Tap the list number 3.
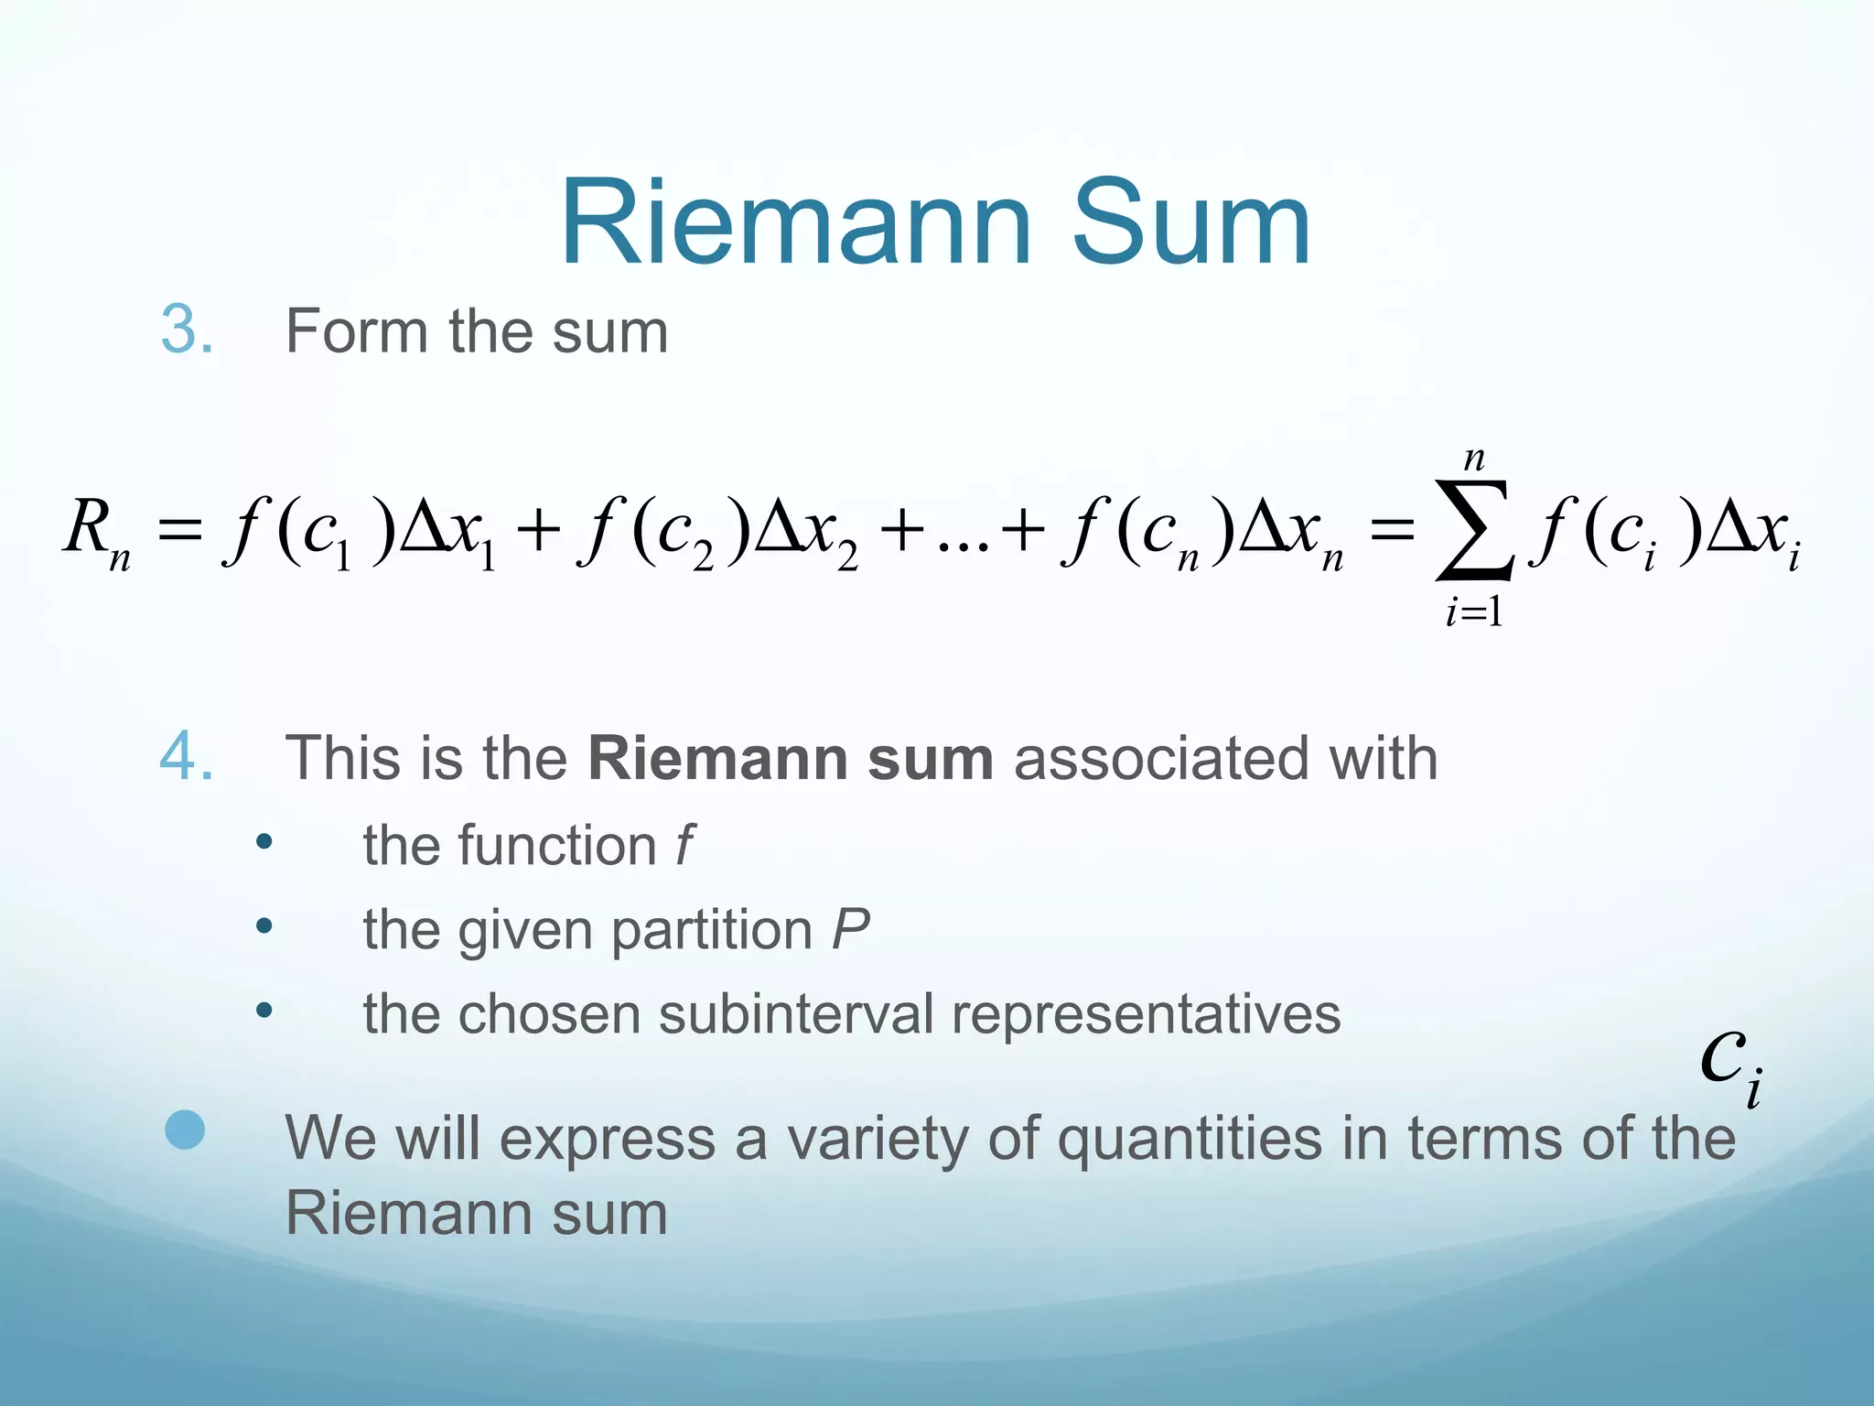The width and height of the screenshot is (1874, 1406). pos(187,330)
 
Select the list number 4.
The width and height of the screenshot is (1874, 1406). pos(187,758)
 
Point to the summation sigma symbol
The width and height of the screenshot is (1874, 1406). pos(1473,531)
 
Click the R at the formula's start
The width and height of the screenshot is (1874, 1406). pos(87,527)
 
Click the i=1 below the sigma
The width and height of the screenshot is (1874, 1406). pos(1473,611)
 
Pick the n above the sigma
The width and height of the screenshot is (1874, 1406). pos(1473,458)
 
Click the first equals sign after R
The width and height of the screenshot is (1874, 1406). pos(179,531)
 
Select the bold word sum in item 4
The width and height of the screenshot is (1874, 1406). pos(930,758)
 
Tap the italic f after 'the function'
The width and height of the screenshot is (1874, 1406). pos(684,844)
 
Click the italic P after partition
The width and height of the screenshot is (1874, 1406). pos(851,929)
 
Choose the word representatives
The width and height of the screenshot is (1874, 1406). pos(1146,1014)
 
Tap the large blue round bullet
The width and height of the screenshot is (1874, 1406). pos(185,1130)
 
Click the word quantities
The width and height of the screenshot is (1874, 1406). pos(1190,1140)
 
